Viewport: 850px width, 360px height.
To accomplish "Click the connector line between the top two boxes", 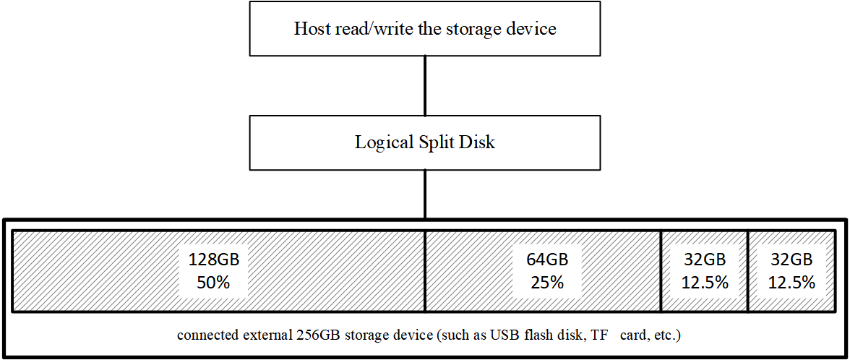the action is pyautogui.click(x=425, y=85).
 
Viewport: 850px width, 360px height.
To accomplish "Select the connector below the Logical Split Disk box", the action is pyautogui.click(x=425, y=194).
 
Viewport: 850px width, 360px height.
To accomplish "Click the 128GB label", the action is pyautogui.click(x=214, y=260).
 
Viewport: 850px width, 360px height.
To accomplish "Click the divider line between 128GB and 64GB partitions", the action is pyautogui.click(x=424, y=271).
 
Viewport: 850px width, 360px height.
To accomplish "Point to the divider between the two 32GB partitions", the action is pyautogui.click(x=747, y=271).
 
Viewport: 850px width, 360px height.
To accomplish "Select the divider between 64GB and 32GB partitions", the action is pyautogui.click(x=661, y=271).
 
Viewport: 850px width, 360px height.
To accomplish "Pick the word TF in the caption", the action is pyautogui.click(x=596, y=335).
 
